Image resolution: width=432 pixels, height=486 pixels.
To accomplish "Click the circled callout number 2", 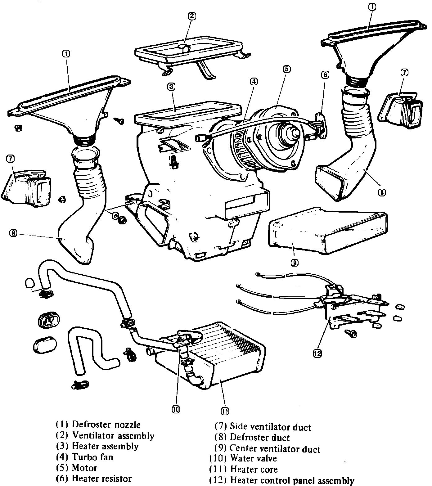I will click(192, 16).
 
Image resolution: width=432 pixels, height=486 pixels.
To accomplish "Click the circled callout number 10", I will click(176, 410).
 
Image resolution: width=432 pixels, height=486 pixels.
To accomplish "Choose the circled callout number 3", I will click(170, 87).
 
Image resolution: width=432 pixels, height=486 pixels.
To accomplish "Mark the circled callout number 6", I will click(325, 75).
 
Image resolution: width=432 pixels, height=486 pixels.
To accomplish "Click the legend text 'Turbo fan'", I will click(92, 457).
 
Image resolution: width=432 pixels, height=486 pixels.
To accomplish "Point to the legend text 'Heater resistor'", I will click(101, 479).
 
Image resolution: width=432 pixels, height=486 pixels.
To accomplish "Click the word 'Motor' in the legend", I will click(84, 468).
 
